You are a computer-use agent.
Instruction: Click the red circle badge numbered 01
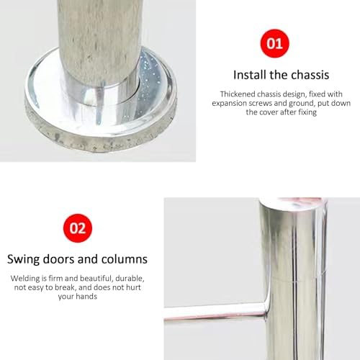275,43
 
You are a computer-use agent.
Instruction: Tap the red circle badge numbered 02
77,228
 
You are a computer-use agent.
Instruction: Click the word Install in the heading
249,74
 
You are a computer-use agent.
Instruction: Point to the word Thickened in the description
240,94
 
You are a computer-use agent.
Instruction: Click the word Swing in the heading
24,258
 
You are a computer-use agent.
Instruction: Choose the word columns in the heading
122,258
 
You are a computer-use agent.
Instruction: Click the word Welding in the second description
26,278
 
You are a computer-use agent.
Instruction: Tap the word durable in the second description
130,278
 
